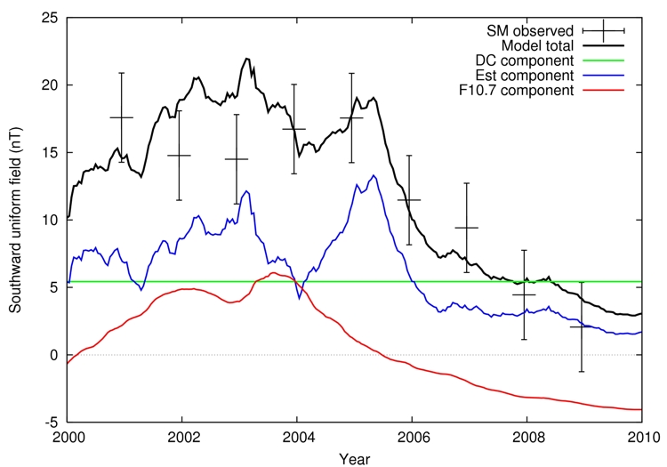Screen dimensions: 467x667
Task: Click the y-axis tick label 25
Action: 52,18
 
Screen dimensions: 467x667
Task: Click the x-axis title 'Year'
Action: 355,458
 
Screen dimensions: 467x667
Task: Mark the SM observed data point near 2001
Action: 122,117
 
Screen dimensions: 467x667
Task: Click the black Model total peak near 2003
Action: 246,59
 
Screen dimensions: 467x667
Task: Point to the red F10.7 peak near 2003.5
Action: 274,273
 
